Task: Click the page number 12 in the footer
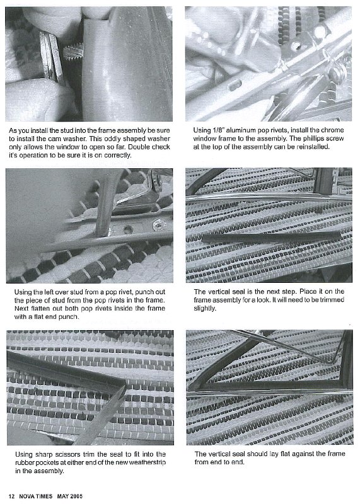tap(11, 496)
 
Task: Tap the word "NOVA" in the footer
tap(26, 496)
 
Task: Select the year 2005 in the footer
tap(75, 496)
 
